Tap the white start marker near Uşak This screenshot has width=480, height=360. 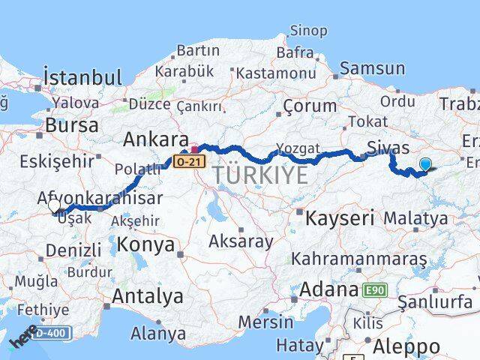pyautogui.click(x=54, y=205)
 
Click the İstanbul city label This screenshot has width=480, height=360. pyautogui.click(x=82, y=77)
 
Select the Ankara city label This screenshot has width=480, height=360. pyautogui.click(x=155, y=139)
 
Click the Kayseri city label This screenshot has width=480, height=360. pyautogui.click(x=340, y=218)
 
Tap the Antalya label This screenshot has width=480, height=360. pyautogui.click(x=147, y=296)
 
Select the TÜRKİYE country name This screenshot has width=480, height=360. pyautogui.click(x=260, y=175)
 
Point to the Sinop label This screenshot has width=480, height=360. pyautogui.click(x=308, y=31)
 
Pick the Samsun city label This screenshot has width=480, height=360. pyautogui.click(x=372, y=68)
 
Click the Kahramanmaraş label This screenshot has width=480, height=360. pyautogui.click(x=360, y=258)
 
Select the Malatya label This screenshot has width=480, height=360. pyautogui.click(x=415, y=218)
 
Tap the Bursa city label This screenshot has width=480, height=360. pyautogui.click(x=72, y=125)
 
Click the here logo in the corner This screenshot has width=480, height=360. pyautogui.click(x=21, y=338)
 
